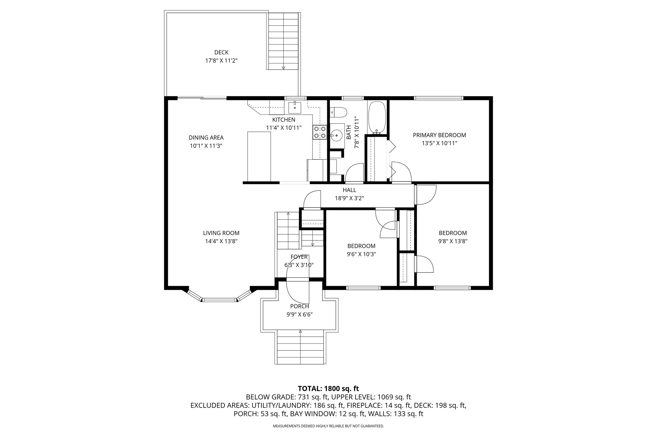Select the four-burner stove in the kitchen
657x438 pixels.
[x=320, y=132]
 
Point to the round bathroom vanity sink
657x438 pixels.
[x=337, y=135]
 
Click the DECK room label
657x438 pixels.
[x=221, y=52]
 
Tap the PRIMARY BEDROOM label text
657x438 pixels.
[x=439, y=135]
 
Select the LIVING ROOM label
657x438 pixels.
[x=221, y=233]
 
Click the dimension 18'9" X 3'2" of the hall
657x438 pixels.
[x=349, y=198]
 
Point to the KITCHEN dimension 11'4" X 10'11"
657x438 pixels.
[x=284, y=128]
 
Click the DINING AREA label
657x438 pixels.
[x=206, y=138]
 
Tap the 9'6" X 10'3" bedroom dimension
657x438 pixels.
[x=361, y=254]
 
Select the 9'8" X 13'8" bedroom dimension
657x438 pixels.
[x=453, y=241]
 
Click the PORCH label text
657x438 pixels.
[x=299, y=306]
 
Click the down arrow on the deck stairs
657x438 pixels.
[x=283, y=68]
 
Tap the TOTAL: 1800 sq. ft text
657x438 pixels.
[x=328, y=389]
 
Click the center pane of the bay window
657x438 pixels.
[x=219, y=300]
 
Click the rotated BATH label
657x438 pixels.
[x=349, y=132]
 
